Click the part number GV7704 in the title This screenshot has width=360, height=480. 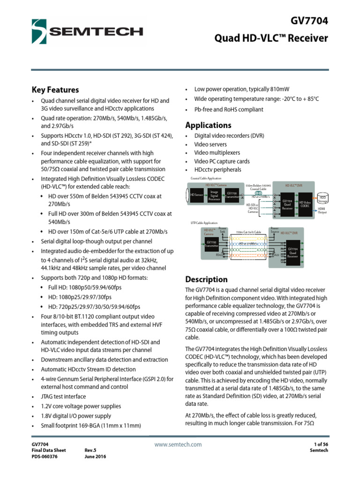click(x=310, y=21)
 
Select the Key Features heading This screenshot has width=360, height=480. click(x=55, y=90)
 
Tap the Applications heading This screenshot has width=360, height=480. click(x=208, y=125)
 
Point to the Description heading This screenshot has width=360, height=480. click(x=206, y=279)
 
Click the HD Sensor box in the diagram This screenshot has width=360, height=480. click(x=196, y=195)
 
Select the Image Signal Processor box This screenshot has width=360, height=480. click(x=214, y=195)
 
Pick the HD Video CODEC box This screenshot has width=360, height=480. click(x=305, y=204)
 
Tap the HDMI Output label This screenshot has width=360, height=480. click(x=322, y=210)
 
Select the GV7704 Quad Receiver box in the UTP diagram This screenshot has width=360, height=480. click(x=293, y=253)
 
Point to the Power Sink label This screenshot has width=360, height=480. click(x=222, y=230)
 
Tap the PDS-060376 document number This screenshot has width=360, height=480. click(x=45, y=457)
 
